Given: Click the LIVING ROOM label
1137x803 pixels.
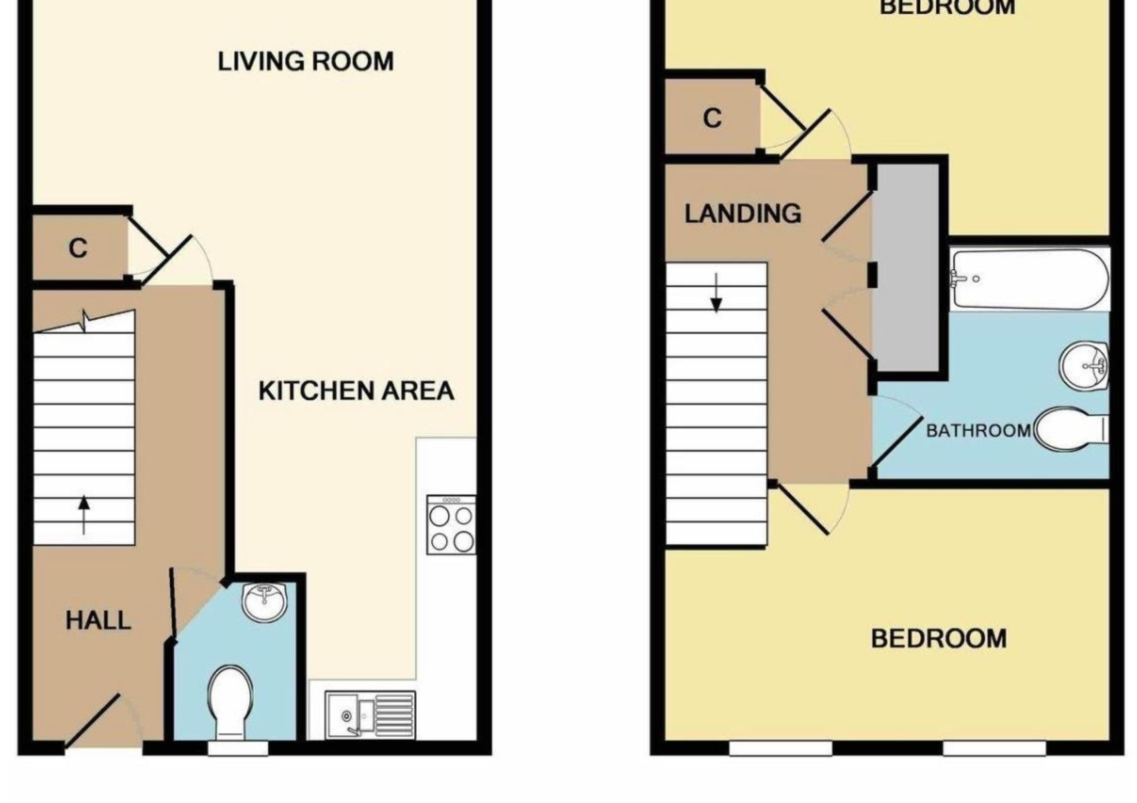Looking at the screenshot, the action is coord(305,62).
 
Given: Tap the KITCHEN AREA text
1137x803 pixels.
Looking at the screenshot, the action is coord(356,391).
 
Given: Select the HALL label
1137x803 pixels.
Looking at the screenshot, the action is coord(98,621).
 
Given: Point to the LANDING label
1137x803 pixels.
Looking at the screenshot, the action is coord(743,214).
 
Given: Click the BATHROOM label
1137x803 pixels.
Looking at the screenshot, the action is coord(979,430).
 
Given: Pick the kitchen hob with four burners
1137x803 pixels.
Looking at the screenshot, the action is coord(451,525).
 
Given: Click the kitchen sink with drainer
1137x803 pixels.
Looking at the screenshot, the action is coord(370,715).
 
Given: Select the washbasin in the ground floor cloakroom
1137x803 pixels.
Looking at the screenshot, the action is coord(265,602).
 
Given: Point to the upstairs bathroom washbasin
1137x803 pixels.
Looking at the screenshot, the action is coord(1084,366).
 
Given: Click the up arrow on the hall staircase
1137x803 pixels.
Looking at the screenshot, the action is coord(84,515).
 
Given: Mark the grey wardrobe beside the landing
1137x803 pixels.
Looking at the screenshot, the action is coord(906,268).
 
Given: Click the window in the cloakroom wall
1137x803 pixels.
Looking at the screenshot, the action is coord(238,747).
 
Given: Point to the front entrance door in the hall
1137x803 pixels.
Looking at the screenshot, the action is coord(92,721).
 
